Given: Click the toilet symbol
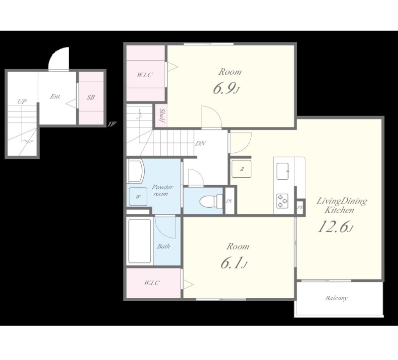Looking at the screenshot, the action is (x=210, y=201).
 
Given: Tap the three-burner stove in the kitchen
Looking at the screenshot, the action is (x=282, y=201).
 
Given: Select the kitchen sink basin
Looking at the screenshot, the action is (x=283, y=171).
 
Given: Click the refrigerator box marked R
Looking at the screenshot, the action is (x=241, y=169).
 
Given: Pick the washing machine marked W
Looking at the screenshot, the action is (x=138, y=196).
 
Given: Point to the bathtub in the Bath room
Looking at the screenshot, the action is (x=140, y=241).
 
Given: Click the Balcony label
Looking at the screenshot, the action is (x=336, y=298).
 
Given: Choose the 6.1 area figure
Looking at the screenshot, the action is (x=233, y=263).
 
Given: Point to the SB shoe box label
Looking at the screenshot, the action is (x=91, y=97).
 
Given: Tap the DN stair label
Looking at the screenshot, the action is (x=200, y=143).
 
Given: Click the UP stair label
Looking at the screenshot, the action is (x=22, y=102).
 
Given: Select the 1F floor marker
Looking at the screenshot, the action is (x=111, y=124).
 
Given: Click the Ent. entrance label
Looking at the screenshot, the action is (x=55, y=97).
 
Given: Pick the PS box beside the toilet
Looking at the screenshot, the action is (x=229, y=201).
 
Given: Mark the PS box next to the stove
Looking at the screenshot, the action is (x=300, y=207).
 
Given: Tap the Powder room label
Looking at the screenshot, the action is (x=162, y=191).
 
